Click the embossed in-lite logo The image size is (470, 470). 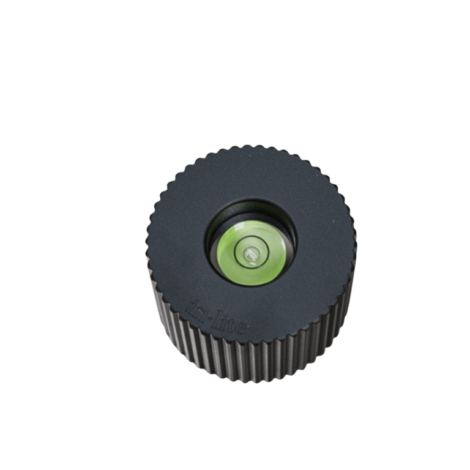click(x=217, y=317)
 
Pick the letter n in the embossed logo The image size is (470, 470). click(x=200, y=310)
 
